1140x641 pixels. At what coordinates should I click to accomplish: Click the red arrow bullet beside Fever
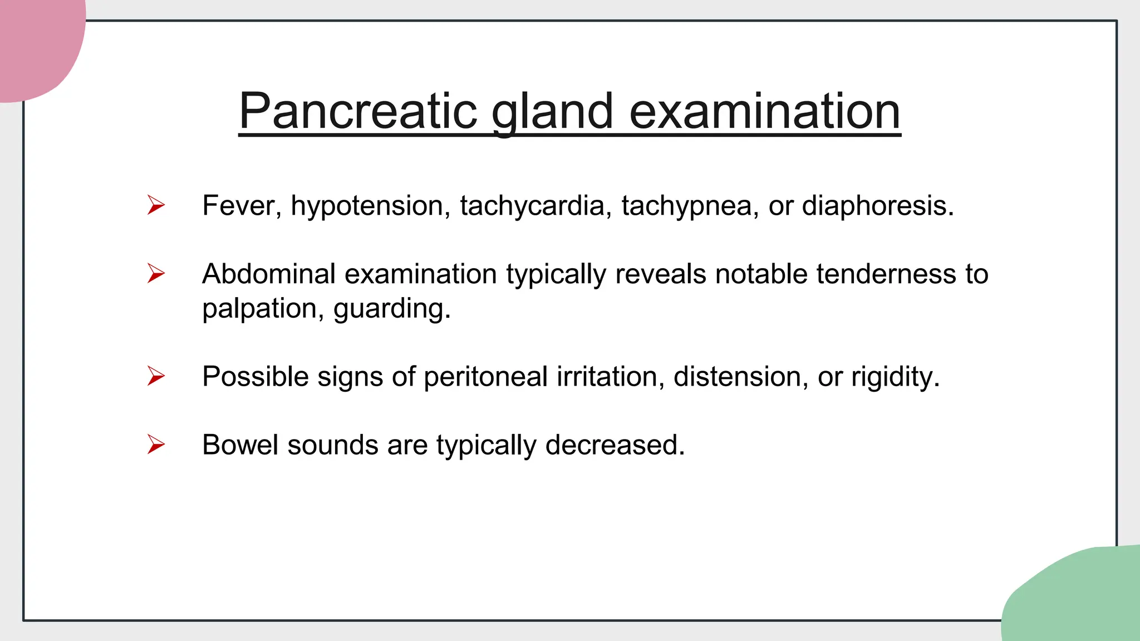coord(156,205)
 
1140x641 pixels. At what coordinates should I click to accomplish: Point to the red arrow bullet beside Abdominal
coord(156,273)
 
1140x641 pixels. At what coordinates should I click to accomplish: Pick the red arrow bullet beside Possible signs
coord(156,376)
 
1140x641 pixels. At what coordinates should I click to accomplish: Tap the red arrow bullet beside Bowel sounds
coord(156,445)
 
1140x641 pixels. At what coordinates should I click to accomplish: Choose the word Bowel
coord(240,445)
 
